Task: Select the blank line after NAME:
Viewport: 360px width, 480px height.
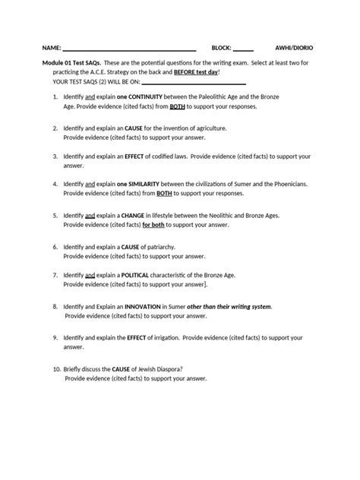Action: tap(129, 48)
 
